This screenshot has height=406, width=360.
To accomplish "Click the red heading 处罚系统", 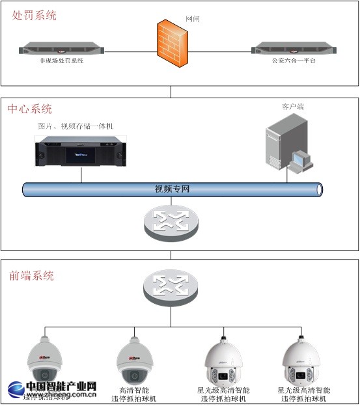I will coord(35,15).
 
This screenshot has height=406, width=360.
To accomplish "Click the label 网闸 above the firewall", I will coord(193,20).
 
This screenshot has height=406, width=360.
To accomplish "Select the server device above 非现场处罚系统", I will coord(61,48).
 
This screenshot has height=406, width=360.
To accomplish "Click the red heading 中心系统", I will coord(30,109).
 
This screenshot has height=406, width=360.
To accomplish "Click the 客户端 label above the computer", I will coord(292,105).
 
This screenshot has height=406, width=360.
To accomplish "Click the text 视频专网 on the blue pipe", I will coord(172,189).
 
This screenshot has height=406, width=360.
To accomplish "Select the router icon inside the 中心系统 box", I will coord(172,223).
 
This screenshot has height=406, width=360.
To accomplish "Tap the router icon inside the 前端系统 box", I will coord(172,285).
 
